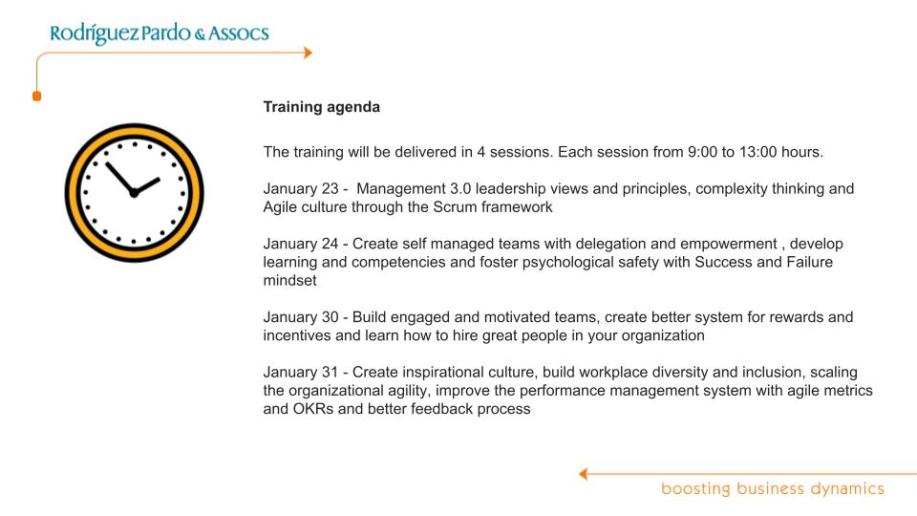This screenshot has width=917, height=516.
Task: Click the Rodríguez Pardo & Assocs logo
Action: click(160, 32)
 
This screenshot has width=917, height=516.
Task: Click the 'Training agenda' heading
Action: click(322, 107)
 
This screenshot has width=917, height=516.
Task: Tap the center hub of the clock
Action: click(134, 192)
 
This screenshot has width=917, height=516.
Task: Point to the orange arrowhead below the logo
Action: click(309, 53)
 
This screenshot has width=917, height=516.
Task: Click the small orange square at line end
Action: click(37, 96)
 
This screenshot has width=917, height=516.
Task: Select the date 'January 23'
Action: click(301, 189)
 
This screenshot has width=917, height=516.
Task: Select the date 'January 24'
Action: click(301, 244)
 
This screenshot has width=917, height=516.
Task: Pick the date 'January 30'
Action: click(301, 317)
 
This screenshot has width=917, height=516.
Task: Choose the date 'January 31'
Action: click(301, 372)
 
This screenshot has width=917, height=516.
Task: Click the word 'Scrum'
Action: click(455, 207)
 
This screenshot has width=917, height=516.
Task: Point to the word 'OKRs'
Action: click(313, 409)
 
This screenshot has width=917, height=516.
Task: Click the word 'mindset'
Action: click(289, 280)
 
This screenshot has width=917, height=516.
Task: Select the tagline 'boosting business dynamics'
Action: click(773, 489)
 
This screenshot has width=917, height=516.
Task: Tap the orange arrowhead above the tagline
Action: click(583, 474)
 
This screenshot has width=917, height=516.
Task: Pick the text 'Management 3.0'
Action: click(414, 189)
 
